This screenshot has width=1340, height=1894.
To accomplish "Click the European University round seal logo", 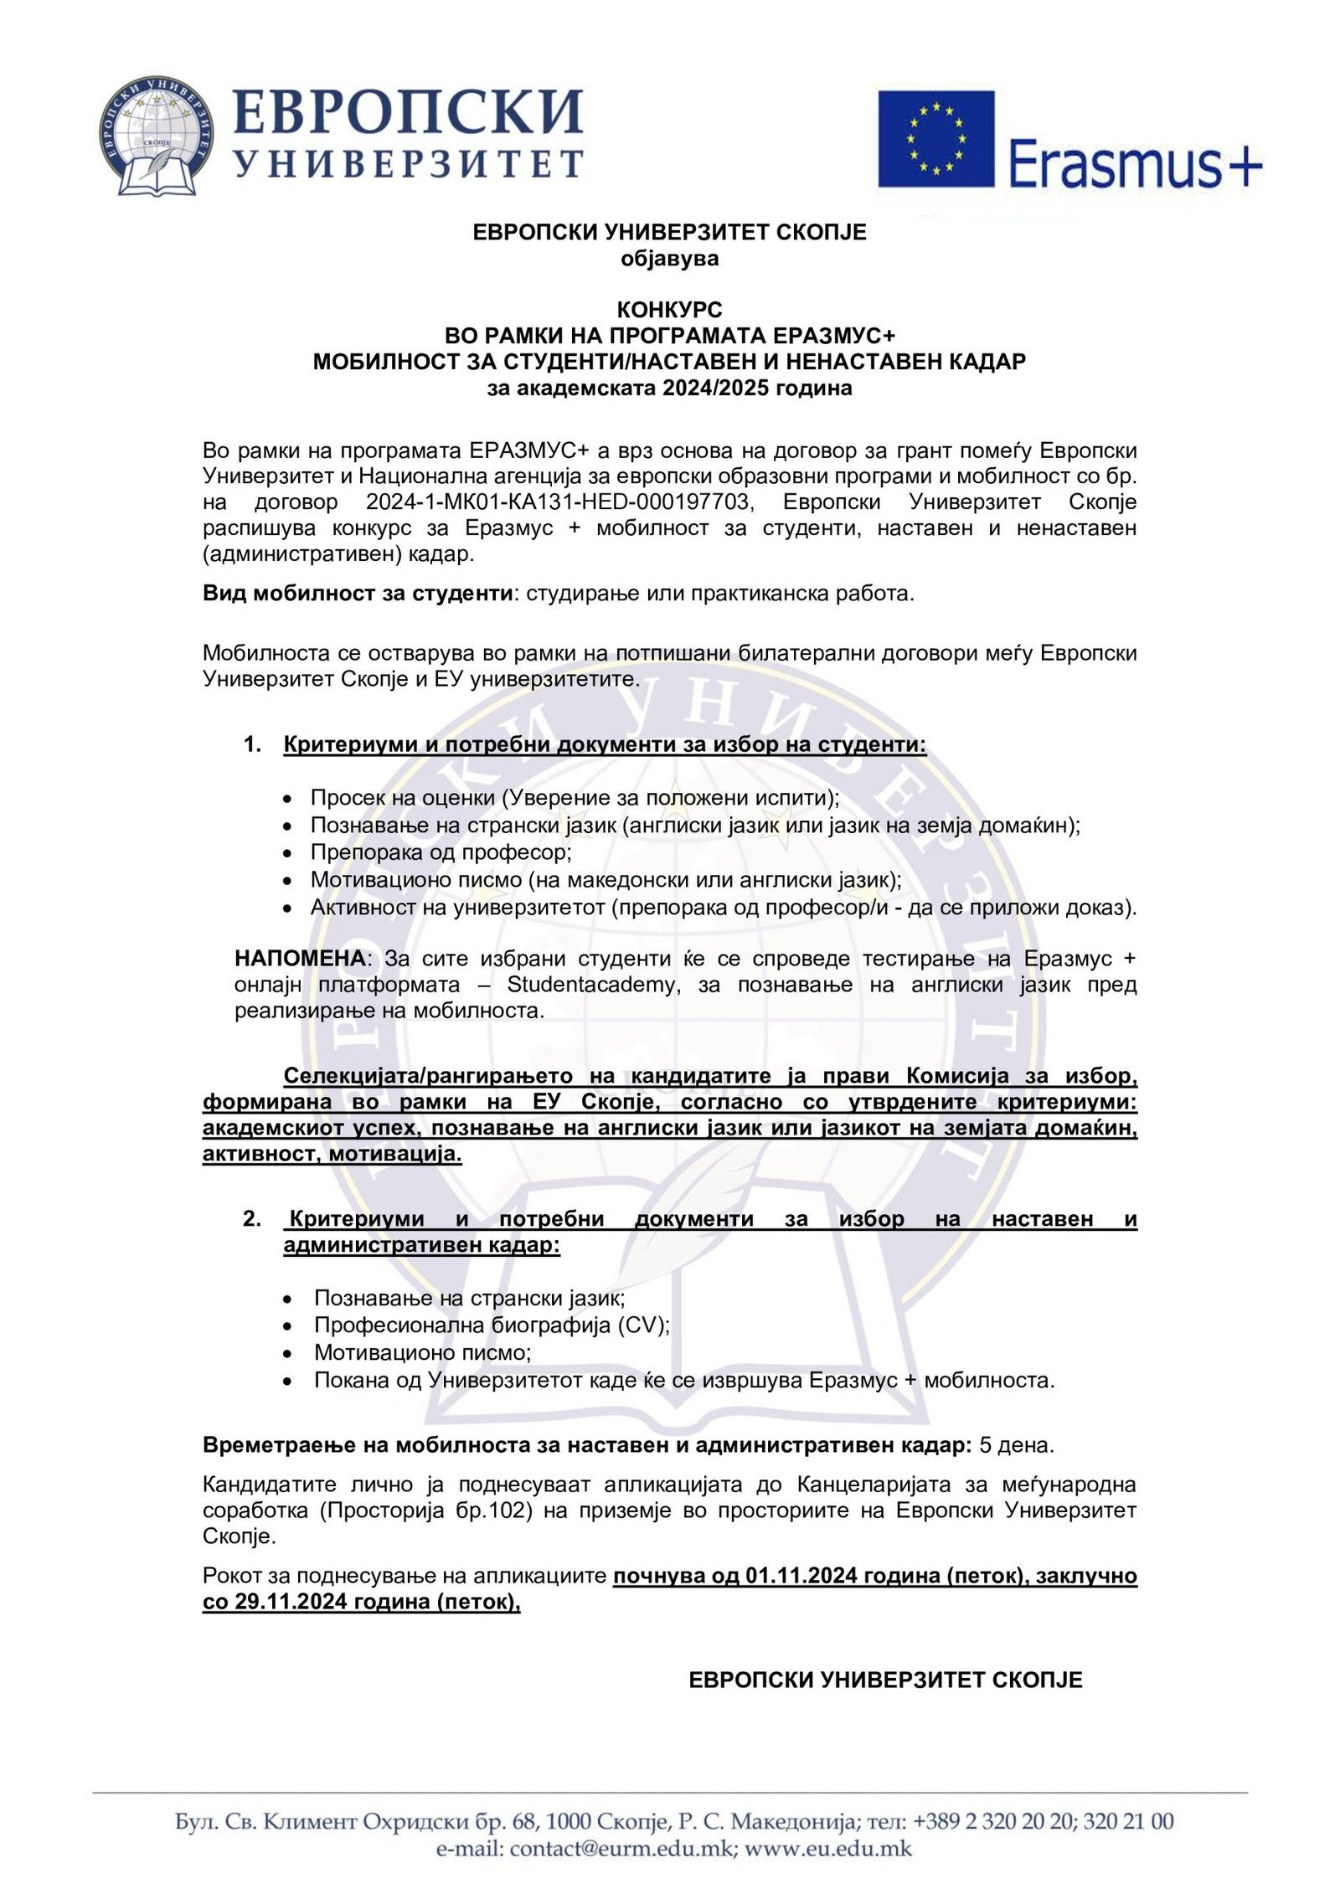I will click(x=156, y=136).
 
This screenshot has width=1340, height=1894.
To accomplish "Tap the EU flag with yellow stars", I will click(x=935, y=138).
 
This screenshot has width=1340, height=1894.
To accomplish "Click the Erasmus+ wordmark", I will click(x=1135, y=162).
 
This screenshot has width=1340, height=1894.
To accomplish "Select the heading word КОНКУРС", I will click(x=669, y=310).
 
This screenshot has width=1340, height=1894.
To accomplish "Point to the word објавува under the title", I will click(x=669, y=258).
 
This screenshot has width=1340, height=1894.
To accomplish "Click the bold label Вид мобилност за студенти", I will click(x=358, y=594).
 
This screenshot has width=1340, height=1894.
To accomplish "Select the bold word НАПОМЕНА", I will click(x=300, y=958).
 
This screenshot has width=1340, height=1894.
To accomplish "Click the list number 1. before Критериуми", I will click(x=252, y=744).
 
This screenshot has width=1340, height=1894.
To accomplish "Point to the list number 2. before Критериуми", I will click(x=252, y=1218).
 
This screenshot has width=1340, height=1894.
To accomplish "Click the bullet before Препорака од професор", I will click(x=288, y=853).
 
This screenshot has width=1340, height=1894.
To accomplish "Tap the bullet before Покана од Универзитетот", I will click(x=288, y=1380).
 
